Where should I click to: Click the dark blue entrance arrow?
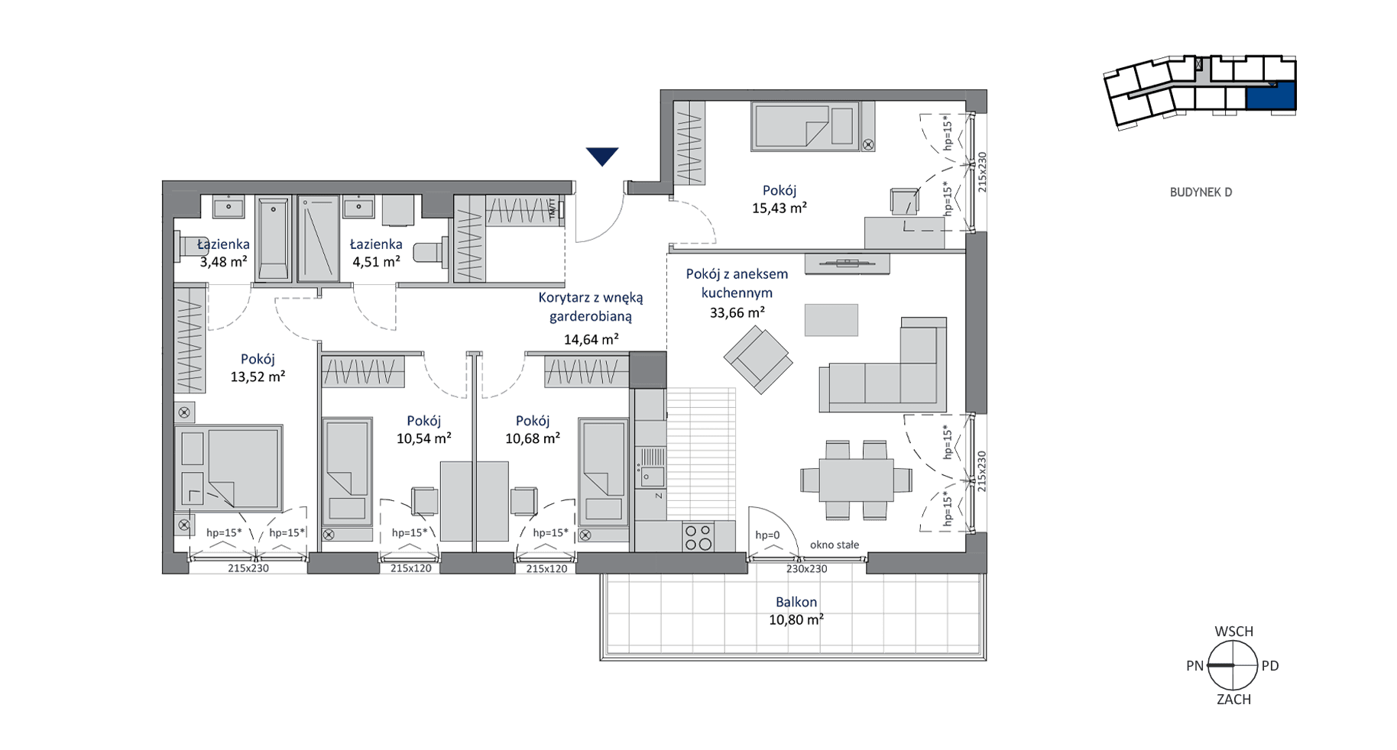[x=602, y=156]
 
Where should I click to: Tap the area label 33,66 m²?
[x=737, y=312]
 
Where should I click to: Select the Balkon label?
[x=796, y=602]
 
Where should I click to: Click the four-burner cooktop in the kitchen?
[x=698, y=537]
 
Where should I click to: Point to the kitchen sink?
[x=652, y=467]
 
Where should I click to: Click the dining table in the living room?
[x=856, y=480]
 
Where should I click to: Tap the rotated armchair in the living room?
[x=758, y=360]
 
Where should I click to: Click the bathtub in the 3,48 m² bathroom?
[x=273, y=238]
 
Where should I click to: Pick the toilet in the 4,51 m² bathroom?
[x=430, y=253]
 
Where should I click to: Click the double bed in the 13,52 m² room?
[x=229, y=468]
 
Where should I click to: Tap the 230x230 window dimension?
[x=807, y=569]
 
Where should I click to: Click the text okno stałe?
[x=835, y=545]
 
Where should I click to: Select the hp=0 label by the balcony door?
[x=767, y=535]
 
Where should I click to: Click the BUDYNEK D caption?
[x=1201, y=192]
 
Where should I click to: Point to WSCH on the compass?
[x=1233, y=632]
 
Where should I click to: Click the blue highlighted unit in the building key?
[x=1271, y=97]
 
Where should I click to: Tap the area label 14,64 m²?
[x=591, y=339]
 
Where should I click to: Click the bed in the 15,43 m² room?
[x=805, y=126]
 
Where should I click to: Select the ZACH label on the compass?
[x=1233, y=700]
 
